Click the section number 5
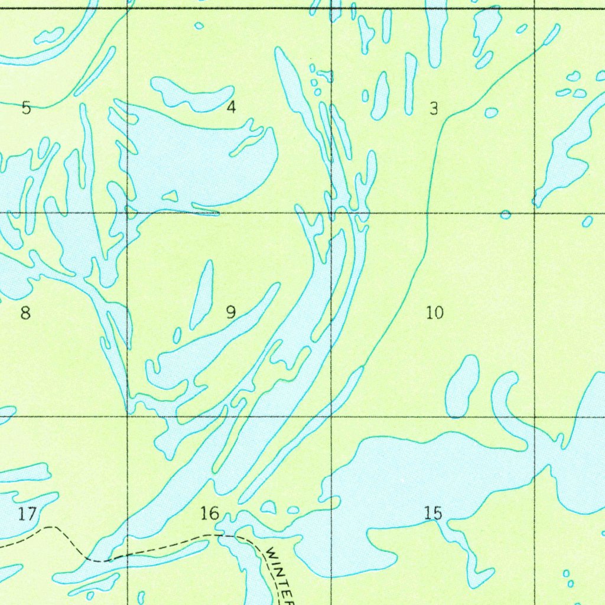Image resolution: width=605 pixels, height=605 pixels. point(26,108)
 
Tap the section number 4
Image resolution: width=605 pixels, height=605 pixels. point(231,108)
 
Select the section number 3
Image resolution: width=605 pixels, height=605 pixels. point(434,109)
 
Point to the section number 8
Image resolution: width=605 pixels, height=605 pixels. point(25,313)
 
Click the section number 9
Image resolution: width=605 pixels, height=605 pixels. point(231,313)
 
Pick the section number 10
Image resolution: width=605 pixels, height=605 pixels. point(435,313)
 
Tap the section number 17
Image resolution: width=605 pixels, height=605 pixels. point(27,514)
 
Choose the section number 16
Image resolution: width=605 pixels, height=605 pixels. point(210,513)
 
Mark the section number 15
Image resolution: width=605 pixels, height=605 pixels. point(433,513)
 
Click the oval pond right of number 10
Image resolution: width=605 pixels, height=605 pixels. point(463,387)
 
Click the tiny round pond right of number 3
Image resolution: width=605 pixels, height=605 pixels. point(491,113)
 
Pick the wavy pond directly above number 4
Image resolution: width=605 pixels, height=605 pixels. point(193,95)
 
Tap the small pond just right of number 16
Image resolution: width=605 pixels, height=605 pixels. point(268,507)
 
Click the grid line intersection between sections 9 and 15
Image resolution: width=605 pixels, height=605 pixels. point(331,417)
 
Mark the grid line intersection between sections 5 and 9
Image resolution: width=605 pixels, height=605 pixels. point(128,213)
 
